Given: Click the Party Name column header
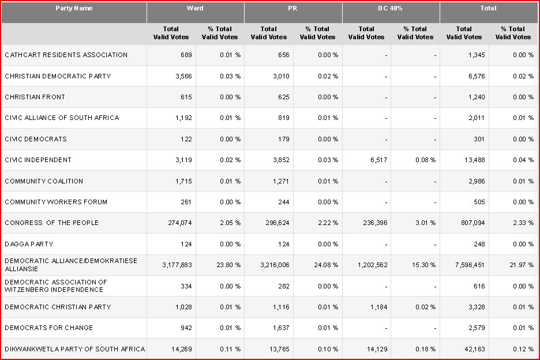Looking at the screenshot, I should [74, 9].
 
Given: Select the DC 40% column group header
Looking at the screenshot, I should [391, 9].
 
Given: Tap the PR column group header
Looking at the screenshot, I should [293, 9].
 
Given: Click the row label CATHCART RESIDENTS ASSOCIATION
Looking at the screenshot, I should [66, 55].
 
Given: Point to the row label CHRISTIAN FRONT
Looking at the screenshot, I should [35, 97].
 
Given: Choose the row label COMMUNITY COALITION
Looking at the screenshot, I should [44, 181].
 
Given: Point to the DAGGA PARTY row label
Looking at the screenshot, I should [29, 244].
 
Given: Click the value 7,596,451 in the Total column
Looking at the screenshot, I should [465, 265].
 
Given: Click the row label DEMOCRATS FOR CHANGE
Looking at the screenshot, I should [49, 328].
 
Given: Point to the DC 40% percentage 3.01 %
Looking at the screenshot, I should [423, 223].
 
